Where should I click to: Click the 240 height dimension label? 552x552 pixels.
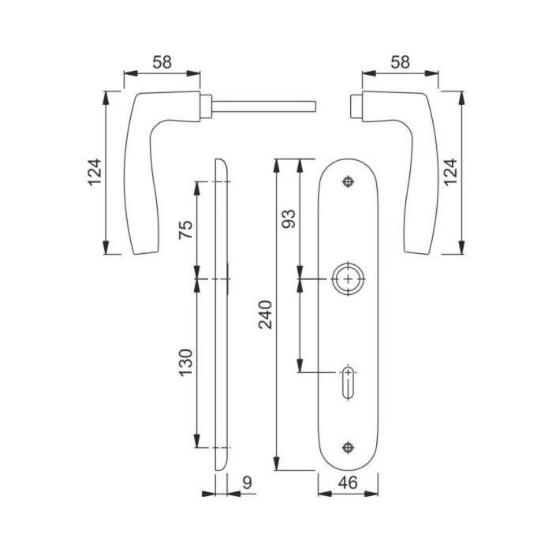(266, 315)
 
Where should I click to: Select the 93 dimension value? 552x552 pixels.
(289, 218)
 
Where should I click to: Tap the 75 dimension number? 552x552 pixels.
(185, 229)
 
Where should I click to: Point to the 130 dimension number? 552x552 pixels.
(185, 363)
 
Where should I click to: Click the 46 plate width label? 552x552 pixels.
(348, 483)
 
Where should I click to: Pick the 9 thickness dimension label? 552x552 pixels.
(248, 483)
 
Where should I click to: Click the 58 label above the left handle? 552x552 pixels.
(162, 62)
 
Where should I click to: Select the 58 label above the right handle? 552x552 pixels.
(401, 62)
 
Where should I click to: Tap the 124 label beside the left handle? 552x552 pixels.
(95, 173)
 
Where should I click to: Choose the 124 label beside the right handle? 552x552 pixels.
(450, 173)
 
